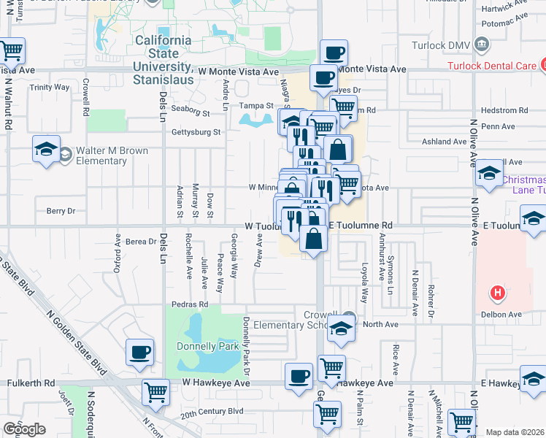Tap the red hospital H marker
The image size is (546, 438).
point(498,294)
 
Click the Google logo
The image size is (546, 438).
point(24,429)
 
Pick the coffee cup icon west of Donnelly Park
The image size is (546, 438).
point(139,353)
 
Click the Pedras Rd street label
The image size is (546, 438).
point(190,304)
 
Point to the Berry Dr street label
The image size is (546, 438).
point(61,211)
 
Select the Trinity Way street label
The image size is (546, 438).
point(49,88)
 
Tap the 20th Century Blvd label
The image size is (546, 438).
point(212,412)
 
